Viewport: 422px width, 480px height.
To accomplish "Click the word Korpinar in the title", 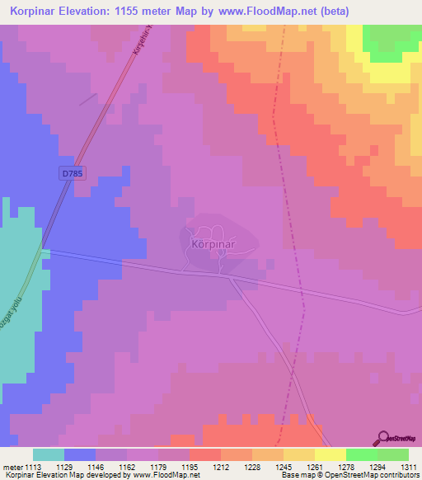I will point(37,12).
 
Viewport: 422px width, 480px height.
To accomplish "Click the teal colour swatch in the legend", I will point(49,454).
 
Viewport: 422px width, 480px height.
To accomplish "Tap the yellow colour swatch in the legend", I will point(330,454).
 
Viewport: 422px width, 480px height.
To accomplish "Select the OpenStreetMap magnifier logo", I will point(383,438).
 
